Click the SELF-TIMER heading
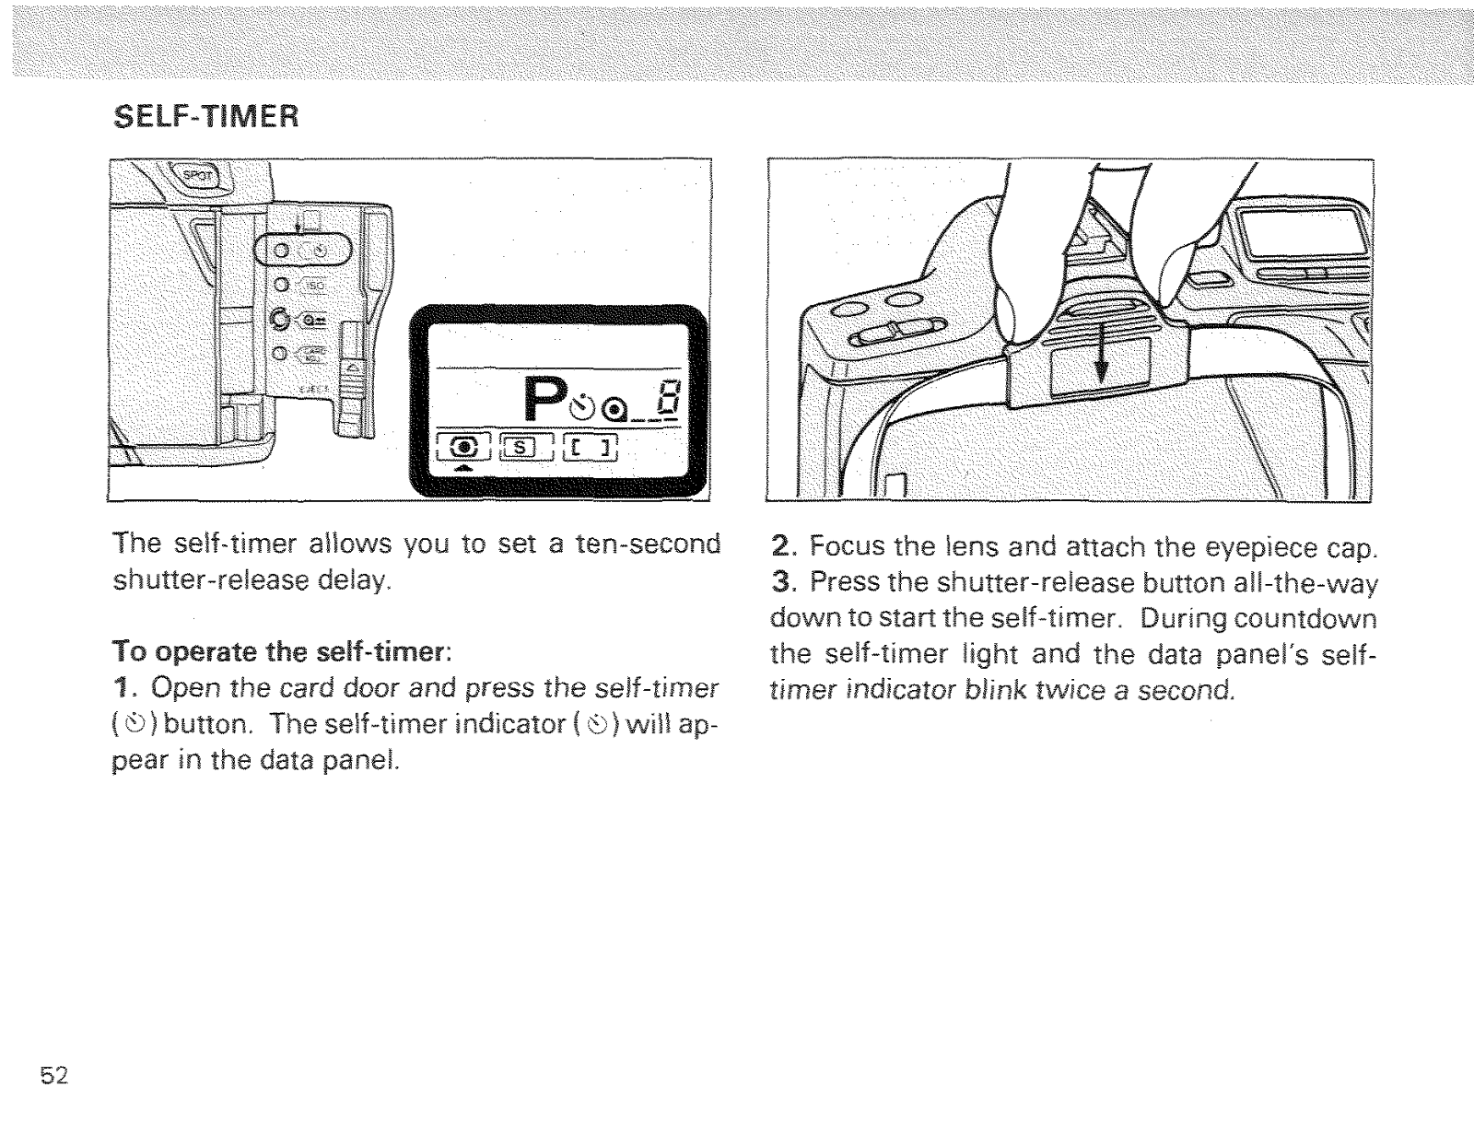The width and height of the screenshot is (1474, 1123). [x=205, y=117]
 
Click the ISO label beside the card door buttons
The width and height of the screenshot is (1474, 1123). [x=314, y=286]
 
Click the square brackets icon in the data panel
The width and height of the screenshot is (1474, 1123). [x=591, y=448]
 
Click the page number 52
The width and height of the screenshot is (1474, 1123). [x=54, y=1076]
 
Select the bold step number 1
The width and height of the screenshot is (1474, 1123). [x=121, y=688]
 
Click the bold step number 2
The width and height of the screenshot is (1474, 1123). [x=780, y=546]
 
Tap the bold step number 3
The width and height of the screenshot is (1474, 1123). [x=780, y=582]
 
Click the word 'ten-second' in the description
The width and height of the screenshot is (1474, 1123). [x=648, y=544]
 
